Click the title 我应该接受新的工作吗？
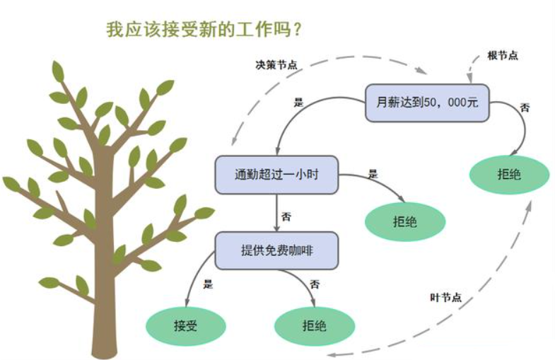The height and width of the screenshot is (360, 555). tap(204, 29)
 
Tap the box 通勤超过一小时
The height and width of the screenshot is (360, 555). tap(276, 174)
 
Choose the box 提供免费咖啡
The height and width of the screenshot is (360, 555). tap(276, 250)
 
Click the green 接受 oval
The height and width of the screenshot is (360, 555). tap(185, 326)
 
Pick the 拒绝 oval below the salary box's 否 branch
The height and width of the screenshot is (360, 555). tap(509, 174)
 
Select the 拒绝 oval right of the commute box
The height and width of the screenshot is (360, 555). tap(405, 221)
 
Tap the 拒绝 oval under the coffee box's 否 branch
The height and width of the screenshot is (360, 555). tap(315, 326)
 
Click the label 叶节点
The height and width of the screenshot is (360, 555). tap(445, 296)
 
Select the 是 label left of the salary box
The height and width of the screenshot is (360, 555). tap(298, 101)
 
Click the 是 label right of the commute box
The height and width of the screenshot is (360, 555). tap(373, 173)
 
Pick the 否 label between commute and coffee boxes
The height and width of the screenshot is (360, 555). tap(286, 216)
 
